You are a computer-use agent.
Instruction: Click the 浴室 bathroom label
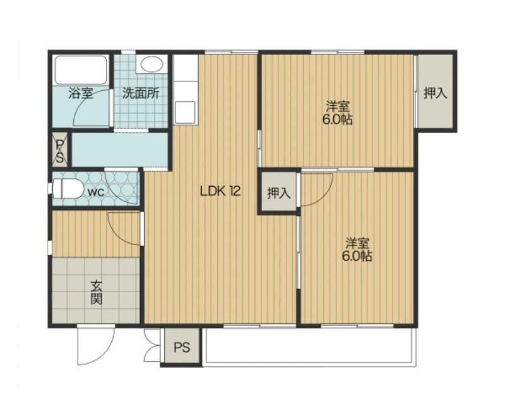(x=81, y=93)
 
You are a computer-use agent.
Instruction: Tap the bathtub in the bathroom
(x=81, y=70)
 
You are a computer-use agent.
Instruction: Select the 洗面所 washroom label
(x=140, y=93)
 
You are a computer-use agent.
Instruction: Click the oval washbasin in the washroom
(x=151, y=64)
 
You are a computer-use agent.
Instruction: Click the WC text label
(x=96, y=193)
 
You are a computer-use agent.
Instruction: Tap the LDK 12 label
(x=220, y=192)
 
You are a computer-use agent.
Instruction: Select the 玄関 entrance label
(x=96, y=292)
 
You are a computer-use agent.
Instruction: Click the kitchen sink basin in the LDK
(x=185, y=112)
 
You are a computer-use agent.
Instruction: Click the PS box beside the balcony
(x=182, y=347)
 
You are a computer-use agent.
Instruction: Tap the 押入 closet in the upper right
(x=435, y=93)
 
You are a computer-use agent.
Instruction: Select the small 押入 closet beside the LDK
(x=278, y=193)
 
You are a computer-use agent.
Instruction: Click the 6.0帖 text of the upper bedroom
(x=337, y=120)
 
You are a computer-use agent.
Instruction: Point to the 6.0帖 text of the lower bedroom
(x=357, y=256)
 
